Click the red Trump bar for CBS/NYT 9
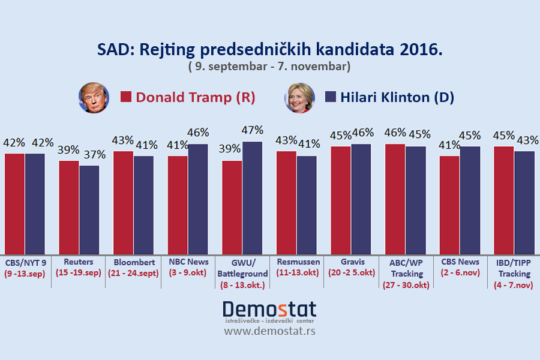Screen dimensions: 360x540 (x=14, y=204)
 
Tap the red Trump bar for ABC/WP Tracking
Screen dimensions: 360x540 (x=395, y=199)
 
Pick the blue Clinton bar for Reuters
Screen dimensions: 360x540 (x=89, y=209)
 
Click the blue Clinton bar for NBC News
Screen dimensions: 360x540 (x=198, y=199)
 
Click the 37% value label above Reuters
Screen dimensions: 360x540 (x=94, y=154)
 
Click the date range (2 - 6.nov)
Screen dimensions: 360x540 (x=461, y=273)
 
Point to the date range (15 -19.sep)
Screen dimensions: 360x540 (x=79, y=273)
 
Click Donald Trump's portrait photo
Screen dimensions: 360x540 (x=94, y=98)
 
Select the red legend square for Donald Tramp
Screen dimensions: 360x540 (x=126, y=98)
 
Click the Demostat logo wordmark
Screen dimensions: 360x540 (x=269, y=310)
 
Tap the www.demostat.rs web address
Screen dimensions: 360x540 (x=269, y=331)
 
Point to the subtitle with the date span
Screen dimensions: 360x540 (x=269, y=65)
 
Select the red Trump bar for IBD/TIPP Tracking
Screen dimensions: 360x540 (x=504, y=200)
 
